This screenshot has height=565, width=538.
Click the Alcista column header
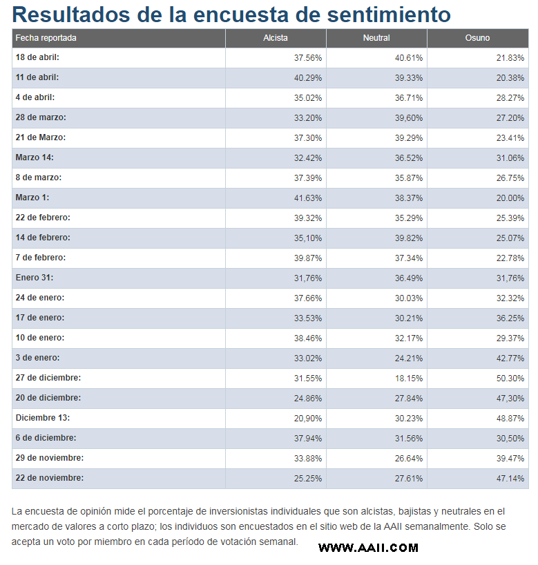tap(276, 38)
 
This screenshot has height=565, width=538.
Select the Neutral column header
tap(376, 38)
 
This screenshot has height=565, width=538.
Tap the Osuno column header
tap(477, 38)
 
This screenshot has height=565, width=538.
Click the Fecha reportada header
tap(46, 38)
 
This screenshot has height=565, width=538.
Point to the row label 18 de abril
tap(37, 58)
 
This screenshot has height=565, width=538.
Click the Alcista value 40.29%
tap(308, 78)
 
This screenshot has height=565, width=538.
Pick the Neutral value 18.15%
tap(410, 379)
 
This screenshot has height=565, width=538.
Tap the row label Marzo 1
tap(32, 198)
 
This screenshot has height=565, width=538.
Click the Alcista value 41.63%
tap(308, 198)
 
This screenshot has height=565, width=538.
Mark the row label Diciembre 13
tap(43, 418)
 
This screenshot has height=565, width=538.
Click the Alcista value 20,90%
tap(308, 419)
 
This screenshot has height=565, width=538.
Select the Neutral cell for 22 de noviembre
tap(410, 479)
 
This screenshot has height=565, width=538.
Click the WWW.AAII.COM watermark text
tap(368, 548)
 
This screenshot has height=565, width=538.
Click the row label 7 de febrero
tap(41, 258)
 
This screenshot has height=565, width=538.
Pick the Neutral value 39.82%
tap(410, 238)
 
